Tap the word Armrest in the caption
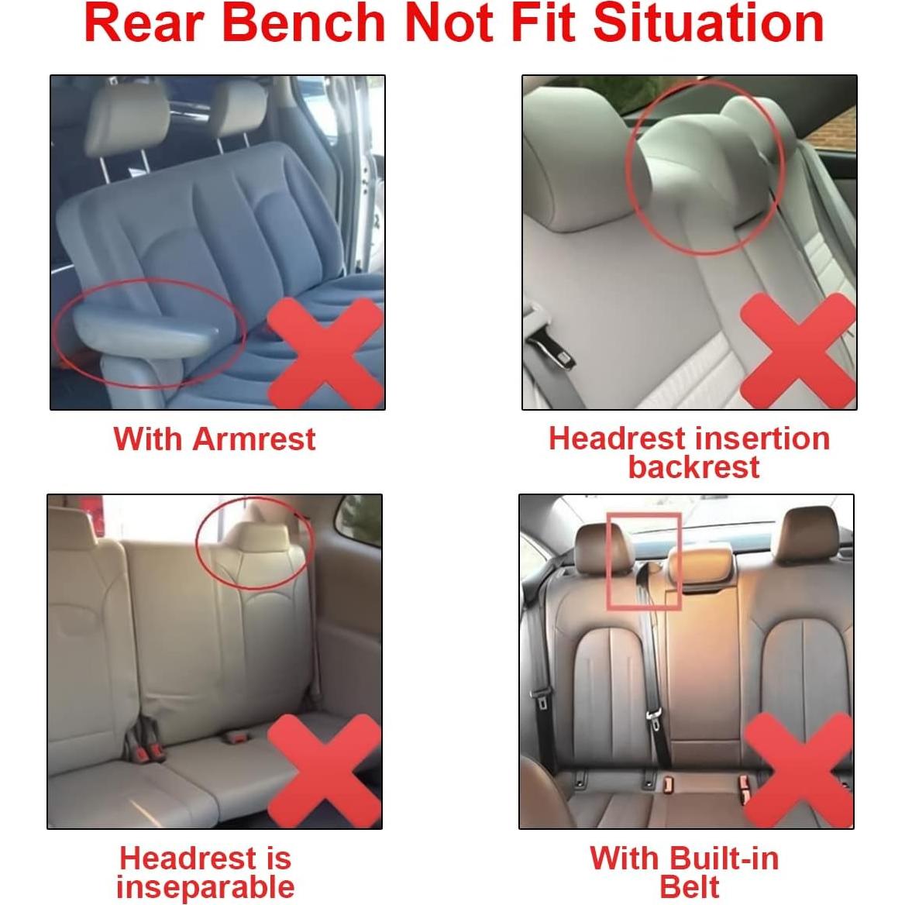[253, 439]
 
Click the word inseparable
[205, 887]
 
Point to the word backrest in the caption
[693, 467]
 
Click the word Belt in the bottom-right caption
[690, 887]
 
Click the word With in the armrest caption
[149, 439]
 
